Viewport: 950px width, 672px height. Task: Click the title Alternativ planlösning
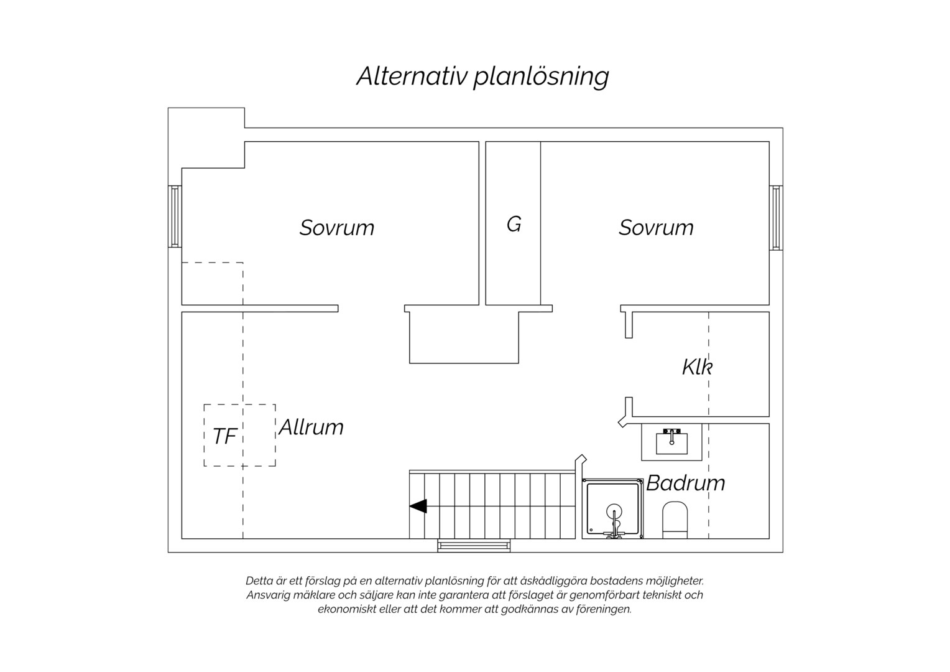click(x=482, y=77)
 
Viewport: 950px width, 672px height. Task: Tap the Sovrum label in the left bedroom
click(x=337, y=228)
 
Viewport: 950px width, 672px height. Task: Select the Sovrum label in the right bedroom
click(x=656, y=228)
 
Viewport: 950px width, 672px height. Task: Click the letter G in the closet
click(x=514, y=224)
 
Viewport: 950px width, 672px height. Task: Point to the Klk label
click(x=697, y=366)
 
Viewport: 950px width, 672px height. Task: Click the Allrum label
click(x=311, y=427)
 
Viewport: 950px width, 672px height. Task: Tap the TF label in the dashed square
click(x=224, y=436)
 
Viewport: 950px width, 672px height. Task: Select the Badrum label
click(x=686, y=483)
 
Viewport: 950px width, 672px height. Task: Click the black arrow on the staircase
click(x=418, y=506)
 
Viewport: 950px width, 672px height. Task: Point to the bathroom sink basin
click(x=672, y=443)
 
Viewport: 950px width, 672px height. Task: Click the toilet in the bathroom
click(x=675, y=520)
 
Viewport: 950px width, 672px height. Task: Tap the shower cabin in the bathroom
click(x=612, y=508)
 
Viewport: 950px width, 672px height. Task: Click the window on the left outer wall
click(x=175, y=217)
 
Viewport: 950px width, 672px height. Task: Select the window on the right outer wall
click(x=776, y=218)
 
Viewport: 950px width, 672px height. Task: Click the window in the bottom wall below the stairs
click(x=474, y=546)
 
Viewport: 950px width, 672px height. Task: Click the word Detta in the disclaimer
click(x=259, y=581)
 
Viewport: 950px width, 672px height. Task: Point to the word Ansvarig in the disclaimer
click(x=265, y=595)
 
